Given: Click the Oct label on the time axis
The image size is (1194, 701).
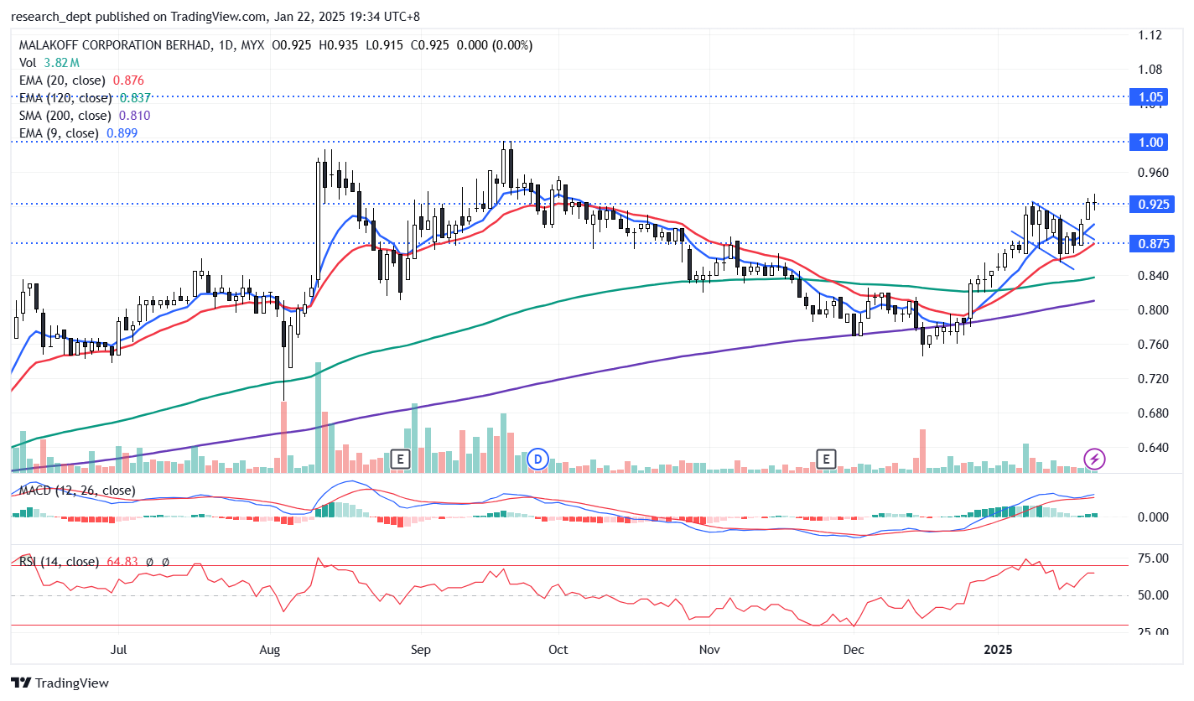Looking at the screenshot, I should click(557, 650).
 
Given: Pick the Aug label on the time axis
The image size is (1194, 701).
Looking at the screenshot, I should click(270, 650).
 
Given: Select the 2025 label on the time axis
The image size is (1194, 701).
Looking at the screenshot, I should click(999, 650).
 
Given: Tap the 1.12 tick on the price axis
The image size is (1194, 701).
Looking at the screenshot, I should click(1150, 35).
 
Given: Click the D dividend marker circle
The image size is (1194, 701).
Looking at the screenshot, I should click(537, 459).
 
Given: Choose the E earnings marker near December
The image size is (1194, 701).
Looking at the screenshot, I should click(827, 459).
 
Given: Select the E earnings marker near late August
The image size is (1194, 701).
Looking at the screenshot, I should click(400, 459).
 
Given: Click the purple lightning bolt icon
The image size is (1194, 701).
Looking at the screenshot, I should click(1094, 459).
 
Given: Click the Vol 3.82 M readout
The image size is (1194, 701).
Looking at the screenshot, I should click(49, 63).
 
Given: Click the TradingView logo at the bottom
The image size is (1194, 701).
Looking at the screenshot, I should click(60, 683).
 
